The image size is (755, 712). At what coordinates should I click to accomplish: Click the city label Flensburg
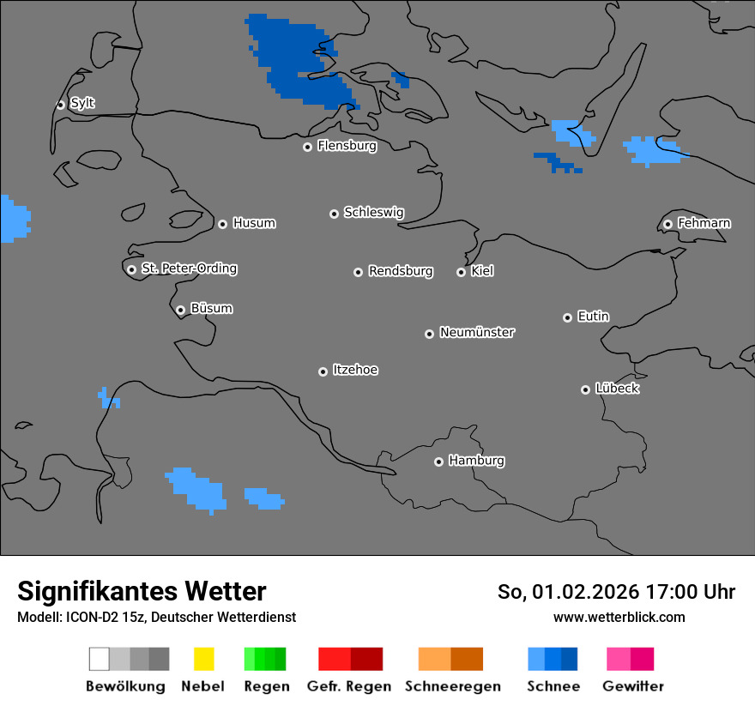[347, 146]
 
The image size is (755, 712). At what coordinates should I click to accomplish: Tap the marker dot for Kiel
[461, 272]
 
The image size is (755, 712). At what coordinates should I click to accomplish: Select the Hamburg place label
[476, 461]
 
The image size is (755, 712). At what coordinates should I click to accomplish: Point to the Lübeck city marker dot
[585, 389]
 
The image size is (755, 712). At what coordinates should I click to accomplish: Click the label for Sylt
[82, 103]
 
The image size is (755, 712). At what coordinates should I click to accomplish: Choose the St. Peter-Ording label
[189, 269]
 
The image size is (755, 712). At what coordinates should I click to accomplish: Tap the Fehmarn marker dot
[667, 224]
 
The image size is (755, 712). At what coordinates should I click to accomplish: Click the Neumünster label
[477, 332]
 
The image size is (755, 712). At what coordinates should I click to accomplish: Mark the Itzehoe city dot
[323, 371]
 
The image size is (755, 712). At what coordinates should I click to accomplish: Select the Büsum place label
[211, 308]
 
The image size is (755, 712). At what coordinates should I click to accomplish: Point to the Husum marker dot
[222, 224]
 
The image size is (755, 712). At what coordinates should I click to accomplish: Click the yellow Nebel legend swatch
[203, 659]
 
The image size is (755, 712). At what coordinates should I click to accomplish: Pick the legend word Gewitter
[633, 686]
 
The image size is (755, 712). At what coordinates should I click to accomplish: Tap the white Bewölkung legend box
[100, 659]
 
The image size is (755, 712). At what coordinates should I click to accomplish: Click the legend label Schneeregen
[453, 686]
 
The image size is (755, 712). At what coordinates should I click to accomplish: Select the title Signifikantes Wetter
[142, 591]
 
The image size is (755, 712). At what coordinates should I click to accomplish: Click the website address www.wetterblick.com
[619, 617]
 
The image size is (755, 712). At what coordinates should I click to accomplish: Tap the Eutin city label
[593, 317]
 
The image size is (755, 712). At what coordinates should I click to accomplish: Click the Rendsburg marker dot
[358, 272]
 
